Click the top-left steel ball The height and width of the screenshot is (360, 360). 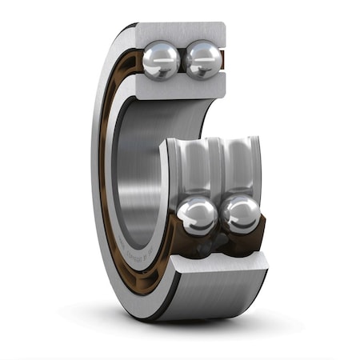[162, 60]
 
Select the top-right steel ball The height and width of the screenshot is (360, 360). [203, 59]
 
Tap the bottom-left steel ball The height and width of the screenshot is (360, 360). [197, 216]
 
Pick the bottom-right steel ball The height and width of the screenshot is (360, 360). [241, 214]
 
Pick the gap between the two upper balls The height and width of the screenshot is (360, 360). [183, 61]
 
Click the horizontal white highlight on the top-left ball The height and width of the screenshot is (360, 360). [160, 52]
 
